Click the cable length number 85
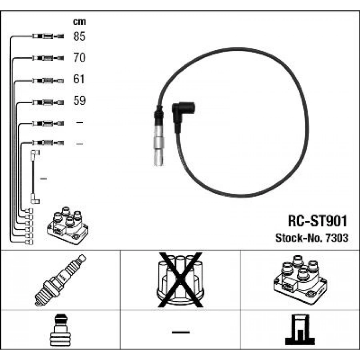tap(79, 36)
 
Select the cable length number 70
tap(79, 57)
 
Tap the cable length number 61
tap(79, 79)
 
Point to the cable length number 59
tap(80, 100)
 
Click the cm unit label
tap(79, 22)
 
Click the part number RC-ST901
tap(317, 221)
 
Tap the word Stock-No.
tap(299, 238)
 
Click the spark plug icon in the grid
tap(60, 280)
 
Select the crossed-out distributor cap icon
tap(180, 280)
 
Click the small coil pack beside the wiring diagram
tap(68, 226)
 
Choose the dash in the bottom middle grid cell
tap(181, 332)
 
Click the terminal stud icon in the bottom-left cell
tap(61, 330)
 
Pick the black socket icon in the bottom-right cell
tap(300, 330)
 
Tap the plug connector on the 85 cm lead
tap(48, 36)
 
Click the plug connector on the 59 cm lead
tap(48, 102)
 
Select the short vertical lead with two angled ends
tap(35, 177)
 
